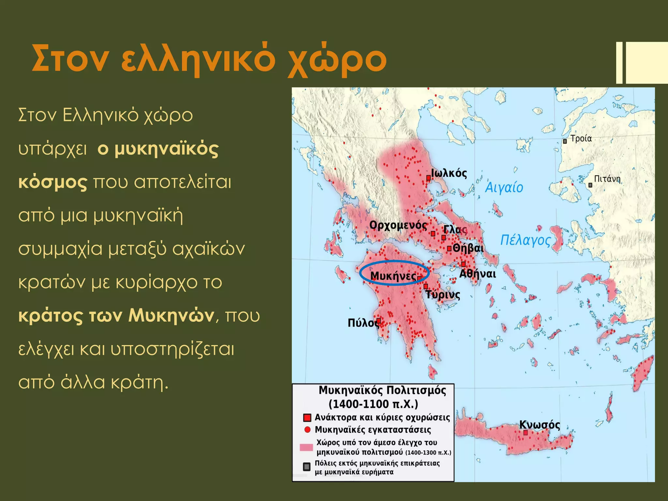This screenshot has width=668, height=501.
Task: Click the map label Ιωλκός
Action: pyautogui.click(x=449, y=173)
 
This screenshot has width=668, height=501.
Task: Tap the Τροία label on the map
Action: pyautogui.click(x=581, y=139)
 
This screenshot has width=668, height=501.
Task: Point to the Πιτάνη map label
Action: pyautogui.click(x=607, y=179)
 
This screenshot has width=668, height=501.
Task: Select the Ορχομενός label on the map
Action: pyautogui.click(x=398, y=225)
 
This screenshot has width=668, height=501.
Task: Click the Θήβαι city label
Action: pyautogui.click(x=468, y=248)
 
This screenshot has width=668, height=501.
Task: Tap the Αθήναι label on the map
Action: pyautogui.click(x=478, y=274)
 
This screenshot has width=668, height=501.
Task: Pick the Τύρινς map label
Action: pyautogui.click(x=443, y=295)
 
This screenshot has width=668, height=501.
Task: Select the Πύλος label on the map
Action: pyautogui.click(x=363, y=323)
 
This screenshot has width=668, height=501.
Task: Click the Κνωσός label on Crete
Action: pyautogui.click(x=539, y=425)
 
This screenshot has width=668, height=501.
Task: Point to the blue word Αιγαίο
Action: pyautogui.click(x=504, y=188)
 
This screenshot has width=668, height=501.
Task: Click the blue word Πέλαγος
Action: pyautogui.click(x=525, y=240)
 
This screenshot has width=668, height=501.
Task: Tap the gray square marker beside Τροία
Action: pyautogui.click(x=565, y=141)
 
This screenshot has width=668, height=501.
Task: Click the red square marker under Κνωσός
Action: pyautogui.click(x=525, y=433)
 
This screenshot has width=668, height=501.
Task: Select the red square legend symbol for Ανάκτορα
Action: pyautogui.click(x=307, y=418)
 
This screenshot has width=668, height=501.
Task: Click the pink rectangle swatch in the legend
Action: pyautogui.click(x=306, y=448)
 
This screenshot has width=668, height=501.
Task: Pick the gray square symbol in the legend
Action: pyautogui.click(x=307, y=467)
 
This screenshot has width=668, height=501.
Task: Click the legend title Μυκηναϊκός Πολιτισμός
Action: pyautogui.click(x=382, y=390)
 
